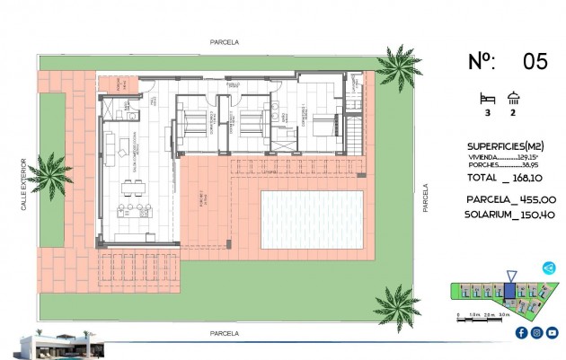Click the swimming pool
pos(312,220)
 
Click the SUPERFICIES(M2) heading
pos(506,145)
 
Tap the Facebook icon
pos(521,333)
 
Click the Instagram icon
pos(536,333)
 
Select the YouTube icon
pos(552,333)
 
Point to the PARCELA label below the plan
pos(223,333)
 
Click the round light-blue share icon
pos(550,267)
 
